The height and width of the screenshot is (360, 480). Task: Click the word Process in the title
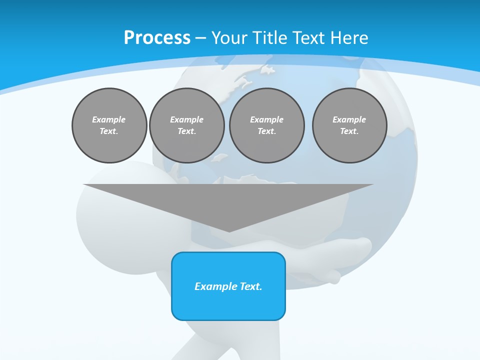click(x=157, y=38)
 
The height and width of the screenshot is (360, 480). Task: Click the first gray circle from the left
click(x=109, y=125)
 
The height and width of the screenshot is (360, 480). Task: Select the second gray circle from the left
click(x=186, y=125)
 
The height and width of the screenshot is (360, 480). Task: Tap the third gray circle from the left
click(x=266, y=125)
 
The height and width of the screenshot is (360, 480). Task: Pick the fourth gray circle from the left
click(x=349, y=125)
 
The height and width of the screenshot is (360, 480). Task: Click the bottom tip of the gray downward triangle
click(x=229, y=231)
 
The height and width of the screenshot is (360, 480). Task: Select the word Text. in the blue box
click(x=250, y=286)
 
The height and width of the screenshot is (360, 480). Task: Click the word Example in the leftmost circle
click(x=109, y=119)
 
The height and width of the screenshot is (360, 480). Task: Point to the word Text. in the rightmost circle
click(x=349, y=131)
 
